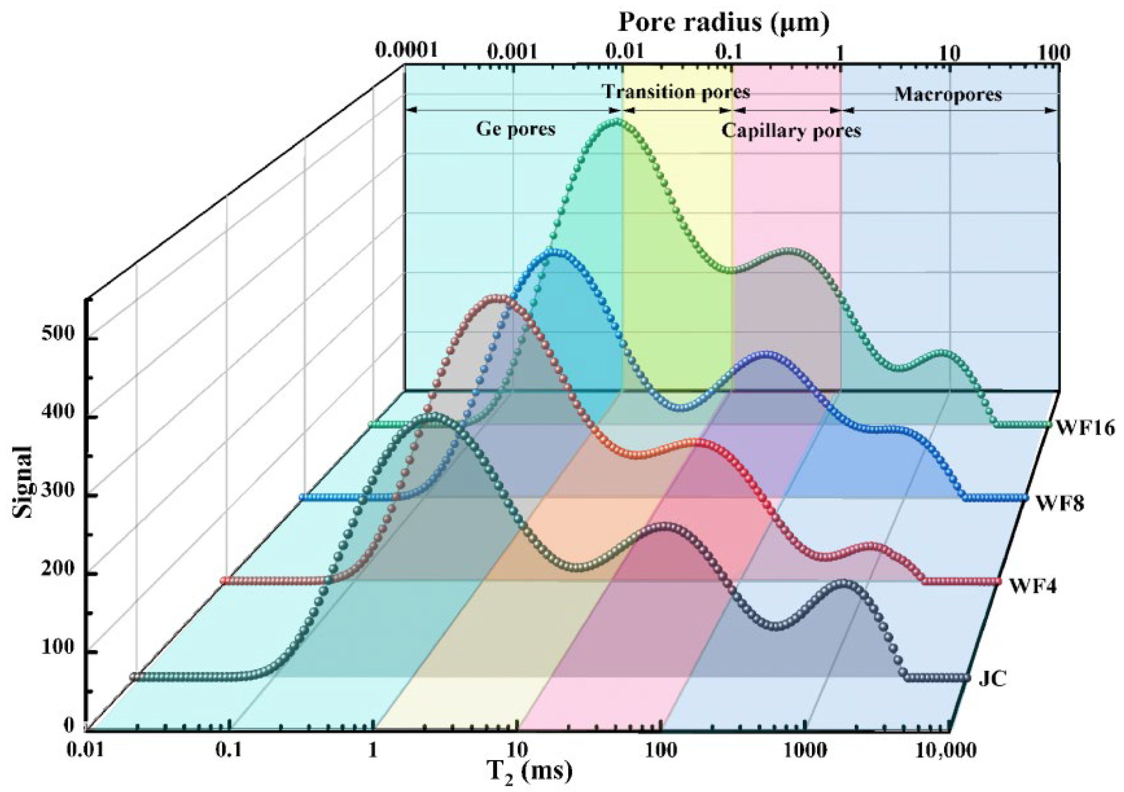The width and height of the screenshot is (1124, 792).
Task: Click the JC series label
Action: [x=992, y=679]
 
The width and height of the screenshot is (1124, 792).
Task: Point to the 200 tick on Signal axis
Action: [x=58, y=570]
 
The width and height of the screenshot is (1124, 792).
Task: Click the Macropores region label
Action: [x=948, y=94]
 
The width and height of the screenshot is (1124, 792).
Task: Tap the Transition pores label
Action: [x=676, y=92]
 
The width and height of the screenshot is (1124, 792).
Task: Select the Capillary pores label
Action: [x=791, y=131]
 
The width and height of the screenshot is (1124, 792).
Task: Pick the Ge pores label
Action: [x=515, y=129]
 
